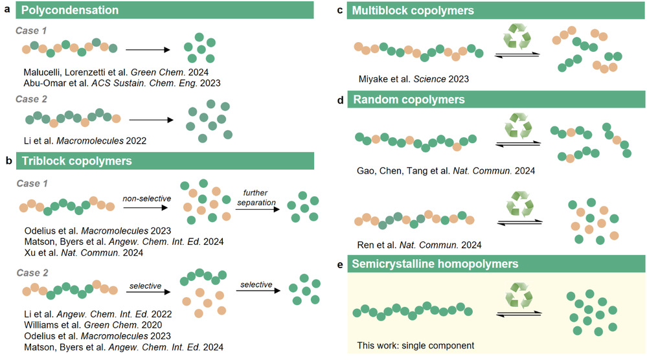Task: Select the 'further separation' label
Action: click(260, 196)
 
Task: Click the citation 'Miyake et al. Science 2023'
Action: click(413, 79)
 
